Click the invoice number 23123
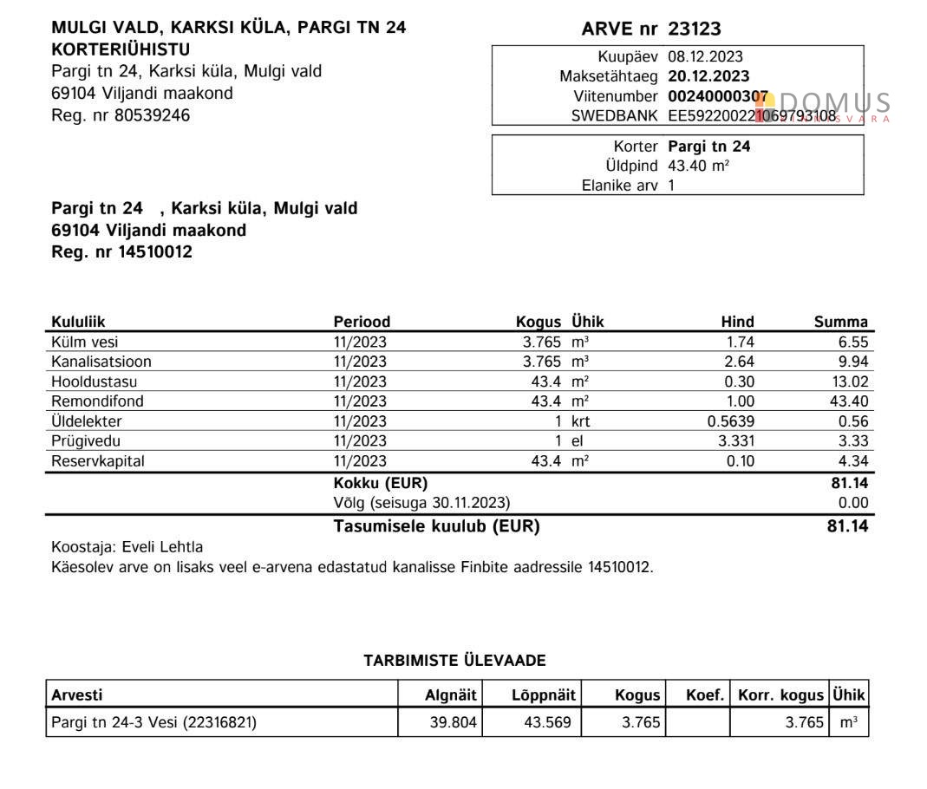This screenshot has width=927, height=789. [x=694, y=29]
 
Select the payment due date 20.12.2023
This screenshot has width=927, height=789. [x=708, y=76]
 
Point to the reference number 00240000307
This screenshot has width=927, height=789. [x=718, y=96]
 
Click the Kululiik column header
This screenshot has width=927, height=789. [x=78, y=323]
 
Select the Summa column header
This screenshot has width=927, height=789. [x=840, y=323]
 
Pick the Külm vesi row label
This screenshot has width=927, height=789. [x=84, y=342]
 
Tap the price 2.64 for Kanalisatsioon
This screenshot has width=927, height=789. [x=740, y=362]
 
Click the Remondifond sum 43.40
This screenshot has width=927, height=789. [x=848, y=401]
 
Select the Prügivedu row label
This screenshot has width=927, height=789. [x=86, y=441]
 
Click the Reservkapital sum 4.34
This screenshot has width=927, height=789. [x=852, y=461]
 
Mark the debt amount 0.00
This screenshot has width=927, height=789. [x=852, y=502]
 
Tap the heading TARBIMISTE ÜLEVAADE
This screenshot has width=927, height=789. [x=454, y=661]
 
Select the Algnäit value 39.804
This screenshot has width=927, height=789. [x=454, y=722]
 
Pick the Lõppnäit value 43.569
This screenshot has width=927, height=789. [x=547, y=722]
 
